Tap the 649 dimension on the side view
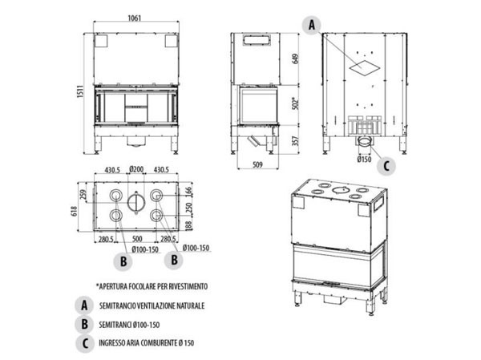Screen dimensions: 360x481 [x=294, y=58]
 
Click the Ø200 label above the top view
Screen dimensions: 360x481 [x=135, y=169]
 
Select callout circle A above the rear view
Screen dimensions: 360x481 [x=312, y=26]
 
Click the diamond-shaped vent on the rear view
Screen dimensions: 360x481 [x=364, y=67]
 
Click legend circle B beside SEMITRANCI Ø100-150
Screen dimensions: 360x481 [x=83, y=325]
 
